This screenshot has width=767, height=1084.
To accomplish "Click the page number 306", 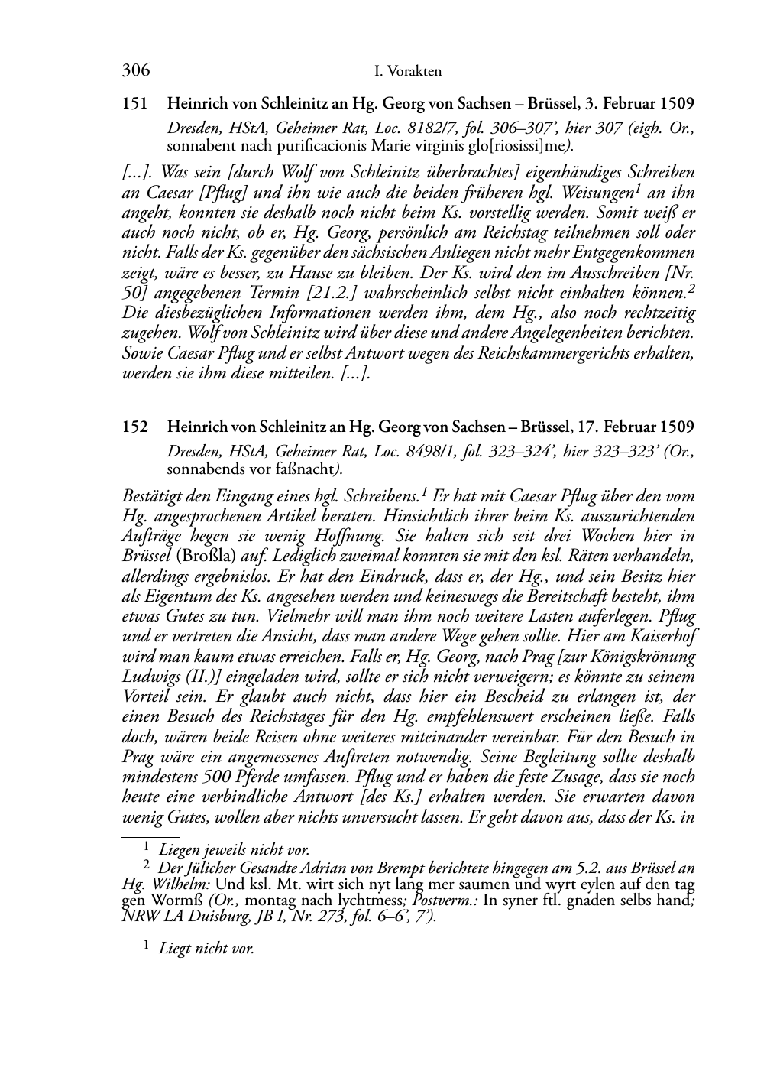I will click(x=135, y=70).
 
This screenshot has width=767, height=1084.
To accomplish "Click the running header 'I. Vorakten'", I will click(x=409, y=72).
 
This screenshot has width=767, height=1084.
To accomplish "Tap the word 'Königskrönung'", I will click(x=646, y=657).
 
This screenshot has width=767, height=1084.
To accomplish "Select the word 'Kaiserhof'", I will click(x=664, y=637).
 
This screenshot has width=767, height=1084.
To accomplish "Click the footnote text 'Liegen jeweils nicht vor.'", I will click(x=234, y=849).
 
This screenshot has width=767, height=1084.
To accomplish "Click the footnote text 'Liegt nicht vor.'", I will click(x=206, y=949).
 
